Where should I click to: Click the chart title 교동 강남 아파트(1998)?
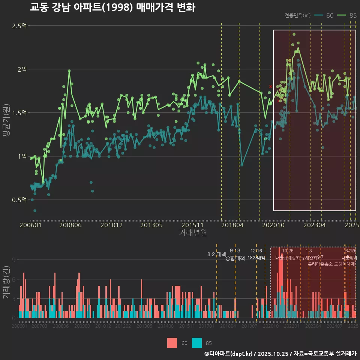pos(112,7)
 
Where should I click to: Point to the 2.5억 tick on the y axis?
pos(19,26)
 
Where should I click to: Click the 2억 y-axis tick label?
pos(22,69)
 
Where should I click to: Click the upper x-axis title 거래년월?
pos(193,233)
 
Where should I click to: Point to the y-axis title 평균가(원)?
pos(6,122)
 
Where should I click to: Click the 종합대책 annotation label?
pos(235,258)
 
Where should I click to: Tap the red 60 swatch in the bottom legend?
pos(172,343)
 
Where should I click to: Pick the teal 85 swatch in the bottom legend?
pos(197,343)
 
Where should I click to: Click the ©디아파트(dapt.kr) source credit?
pos(228,354)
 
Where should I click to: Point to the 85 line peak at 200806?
pos(69,70)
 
